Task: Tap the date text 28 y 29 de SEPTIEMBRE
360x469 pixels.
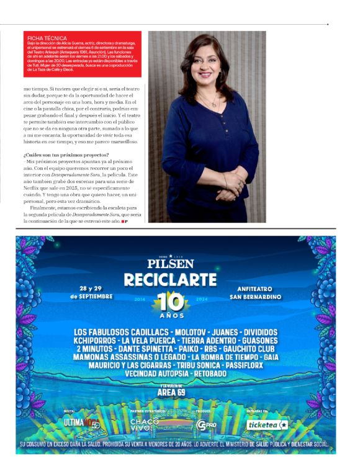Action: (91, 292)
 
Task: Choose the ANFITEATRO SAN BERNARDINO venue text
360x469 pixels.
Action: (259, 293)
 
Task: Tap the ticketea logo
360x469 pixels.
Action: (267, 425)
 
